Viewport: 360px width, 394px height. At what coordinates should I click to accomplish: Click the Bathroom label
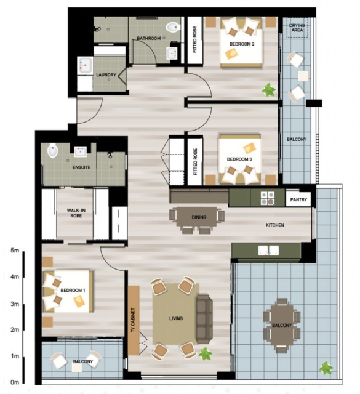click(149, 38)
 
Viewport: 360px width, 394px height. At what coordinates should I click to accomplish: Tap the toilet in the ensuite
click(53, 150)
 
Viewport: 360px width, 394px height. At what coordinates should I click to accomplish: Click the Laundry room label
click(106, 75)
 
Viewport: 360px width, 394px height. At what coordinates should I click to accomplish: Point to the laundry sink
click(85, 65)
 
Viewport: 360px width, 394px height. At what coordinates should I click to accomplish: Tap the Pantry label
click(298, 199)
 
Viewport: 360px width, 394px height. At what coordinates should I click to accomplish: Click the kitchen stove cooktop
click(267, 198)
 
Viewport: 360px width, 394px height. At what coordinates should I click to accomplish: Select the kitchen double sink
click(268, 251)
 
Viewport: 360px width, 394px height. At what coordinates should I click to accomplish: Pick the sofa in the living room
click(204, 319)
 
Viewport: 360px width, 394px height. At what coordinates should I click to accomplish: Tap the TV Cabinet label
click(133, 320)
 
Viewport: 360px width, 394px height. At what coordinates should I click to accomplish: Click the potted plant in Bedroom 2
click(268, 90)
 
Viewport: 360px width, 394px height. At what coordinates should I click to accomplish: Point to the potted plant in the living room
click(206, 354)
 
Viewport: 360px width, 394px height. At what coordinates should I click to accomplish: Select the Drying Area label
click(297, 28)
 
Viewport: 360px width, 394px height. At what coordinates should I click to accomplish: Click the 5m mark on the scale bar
click(15, 251)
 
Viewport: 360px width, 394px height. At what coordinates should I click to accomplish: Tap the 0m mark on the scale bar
click(15, 382)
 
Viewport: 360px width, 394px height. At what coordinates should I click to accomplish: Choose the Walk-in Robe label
click(76, 213)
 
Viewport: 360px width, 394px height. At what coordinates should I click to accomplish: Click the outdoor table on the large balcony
click(282, 326)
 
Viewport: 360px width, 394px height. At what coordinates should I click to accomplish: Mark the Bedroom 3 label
click(239, 159)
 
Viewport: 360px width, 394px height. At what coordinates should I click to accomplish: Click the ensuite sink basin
click(81, 152)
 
